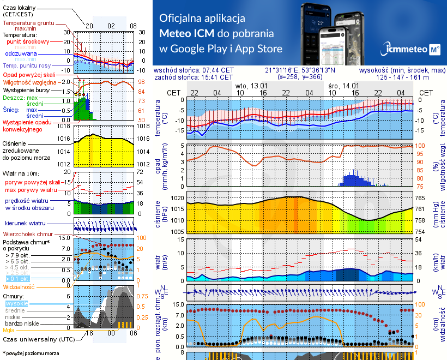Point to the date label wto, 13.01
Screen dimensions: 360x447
(x=251, y=86)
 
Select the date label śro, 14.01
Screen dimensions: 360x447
(x=343, y=86)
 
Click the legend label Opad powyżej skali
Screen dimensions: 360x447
(x=29, y=74)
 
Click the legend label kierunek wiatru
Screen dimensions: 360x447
(x=25, y=224)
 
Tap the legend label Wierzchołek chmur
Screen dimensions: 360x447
(x=27, y=234)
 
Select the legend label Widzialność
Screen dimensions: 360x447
(x=19, y=286)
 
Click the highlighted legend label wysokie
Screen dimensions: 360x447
(x=16, y=303)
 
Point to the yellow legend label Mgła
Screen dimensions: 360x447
(x=9, y=330)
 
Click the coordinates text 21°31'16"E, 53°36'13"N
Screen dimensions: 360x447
(x=300, y=70)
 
